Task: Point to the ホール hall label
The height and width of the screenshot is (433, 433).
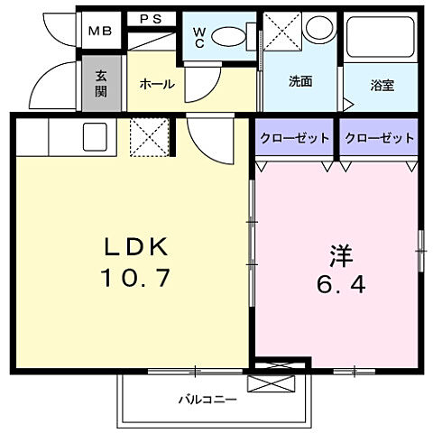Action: [156, 83]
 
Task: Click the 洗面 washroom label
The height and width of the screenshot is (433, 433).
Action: [299, 81]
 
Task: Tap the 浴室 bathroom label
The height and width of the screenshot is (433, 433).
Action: [382, 86]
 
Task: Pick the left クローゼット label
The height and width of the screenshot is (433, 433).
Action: [294, 138]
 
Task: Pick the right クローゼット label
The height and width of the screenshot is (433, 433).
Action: [379, 138]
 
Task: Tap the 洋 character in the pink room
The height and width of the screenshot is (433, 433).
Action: [339, 256]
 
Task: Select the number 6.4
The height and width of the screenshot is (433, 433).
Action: [339, 287]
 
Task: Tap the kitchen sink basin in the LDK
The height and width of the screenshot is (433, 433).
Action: [96, 137]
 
